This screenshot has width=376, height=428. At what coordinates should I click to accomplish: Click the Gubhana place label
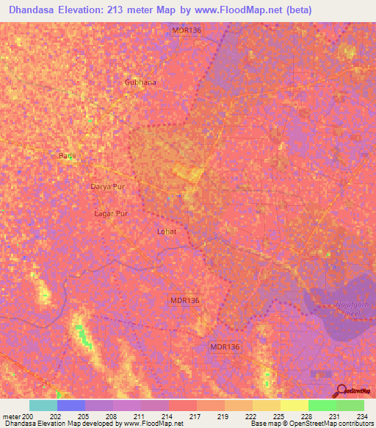140,82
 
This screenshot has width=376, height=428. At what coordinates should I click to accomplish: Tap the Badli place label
68,155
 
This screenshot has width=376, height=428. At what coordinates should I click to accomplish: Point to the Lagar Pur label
111,213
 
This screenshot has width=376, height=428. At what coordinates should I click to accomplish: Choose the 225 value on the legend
280,416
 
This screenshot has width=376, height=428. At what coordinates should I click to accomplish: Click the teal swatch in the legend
43,405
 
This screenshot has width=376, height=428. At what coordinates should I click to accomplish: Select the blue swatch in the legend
70,405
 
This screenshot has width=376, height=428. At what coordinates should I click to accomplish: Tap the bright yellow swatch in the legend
294,405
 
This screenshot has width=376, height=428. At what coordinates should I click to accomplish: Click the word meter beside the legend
11,416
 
